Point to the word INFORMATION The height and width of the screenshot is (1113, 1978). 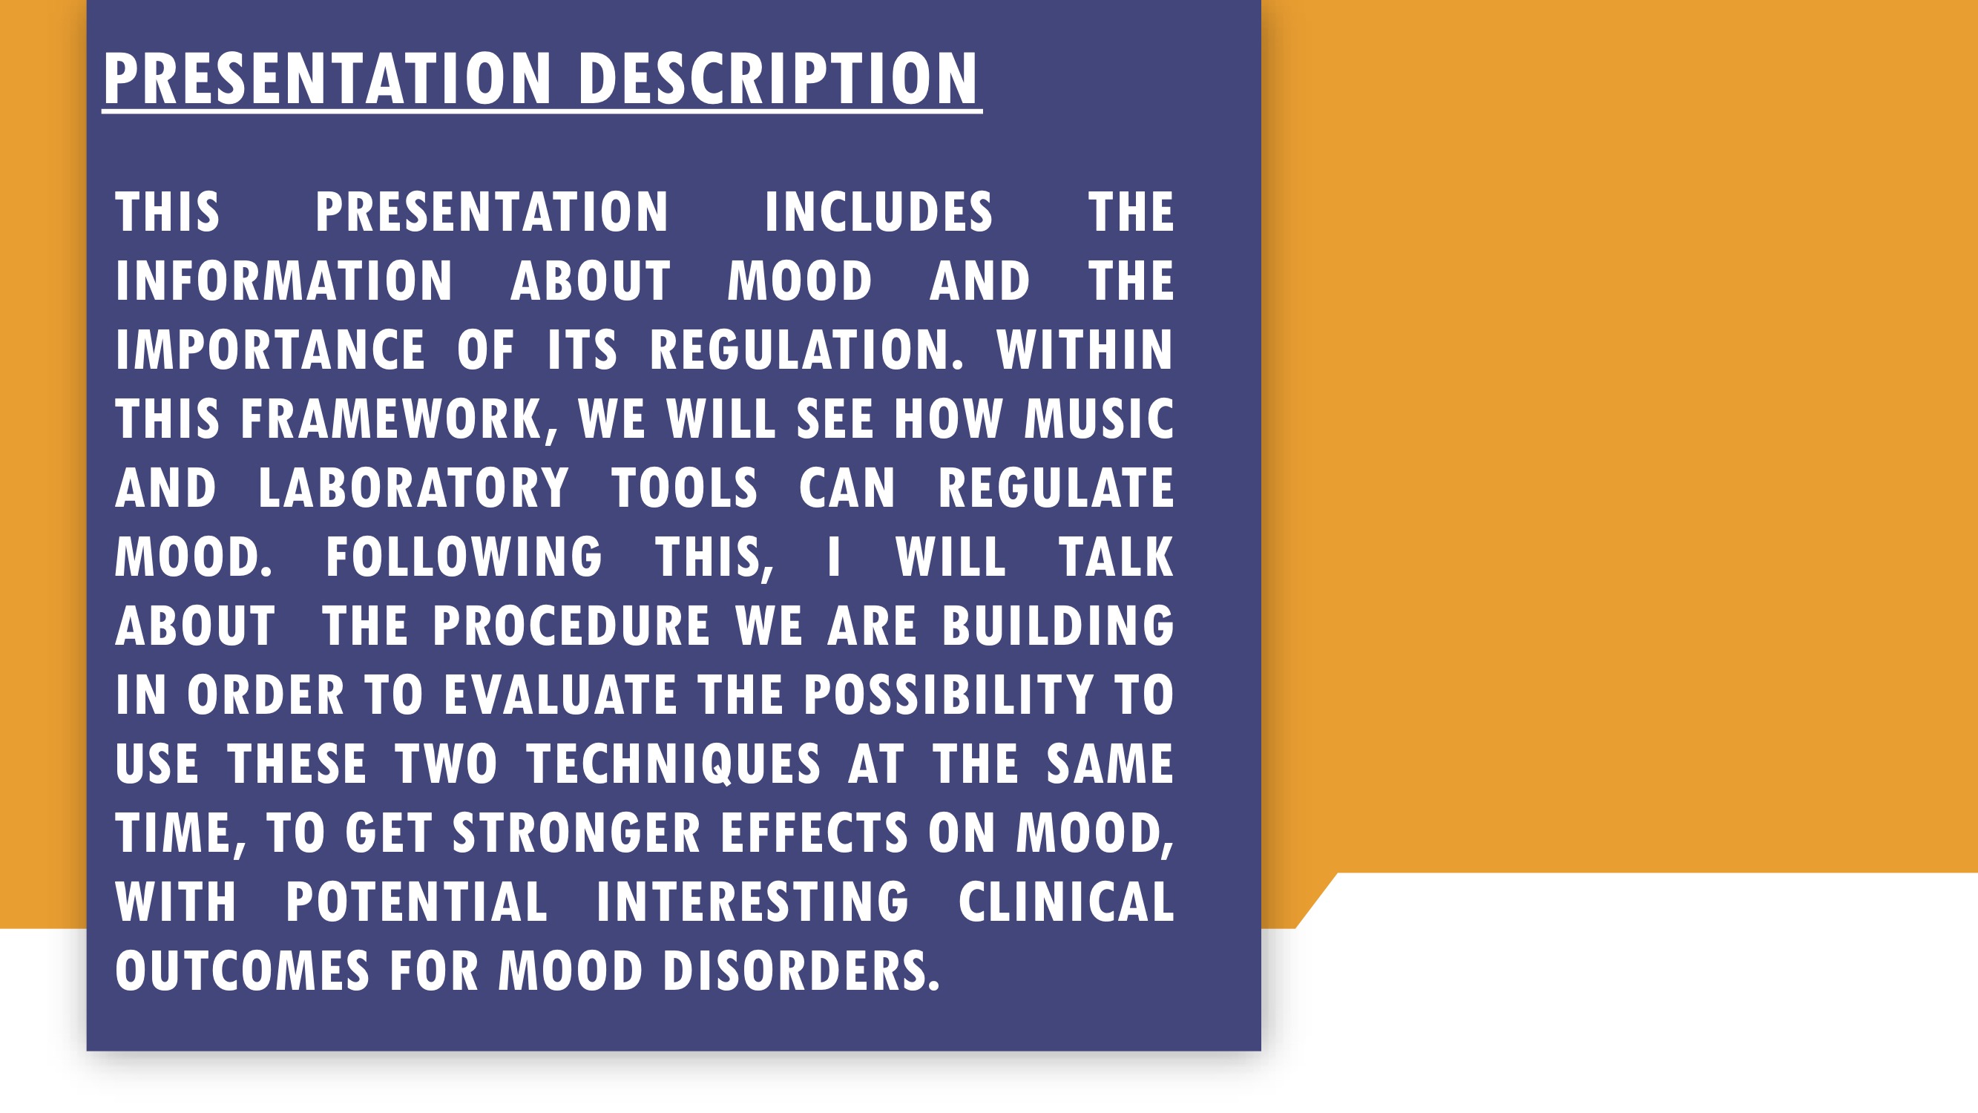click(284, 280)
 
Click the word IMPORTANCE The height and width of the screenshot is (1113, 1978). click(269, 349)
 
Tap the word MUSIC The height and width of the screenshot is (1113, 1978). click(1099, 418)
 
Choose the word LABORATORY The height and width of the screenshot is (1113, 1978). click(413, 487)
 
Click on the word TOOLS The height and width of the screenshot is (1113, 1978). click(684, 487)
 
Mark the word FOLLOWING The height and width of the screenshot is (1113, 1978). click(464, 557)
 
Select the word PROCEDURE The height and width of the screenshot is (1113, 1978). click(571, 626)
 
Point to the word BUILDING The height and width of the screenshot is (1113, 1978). click(1058, 626)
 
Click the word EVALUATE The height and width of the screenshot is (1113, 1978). click(561, 695)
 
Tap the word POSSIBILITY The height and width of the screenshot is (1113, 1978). click(948, 695)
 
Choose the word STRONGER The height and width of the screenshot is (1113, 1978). click(576, 833)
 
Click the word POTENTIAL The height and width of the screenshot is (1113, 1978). click(417, 902)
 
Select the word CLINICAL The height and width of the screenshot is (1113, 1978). click(1067, 902)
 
